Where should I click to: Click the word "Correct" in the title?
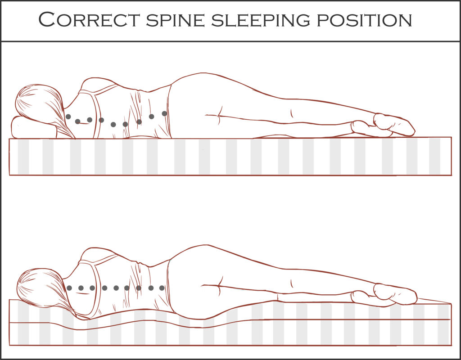click(x=90, y=20)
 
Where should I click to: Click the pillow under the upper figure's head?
click(x=33, y=127)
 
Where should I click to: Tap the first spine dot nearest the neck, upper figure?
click(x=68, y=117)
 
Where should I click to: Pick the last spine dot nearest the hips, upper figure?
click(x=164, y=113)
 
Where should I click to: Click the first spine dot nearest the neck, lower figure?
click(x=69, y=288)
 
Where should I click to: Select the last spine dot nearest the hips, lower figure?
click(x=162, y=288)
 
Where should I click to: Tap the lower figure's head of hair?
click(x=43, y=289)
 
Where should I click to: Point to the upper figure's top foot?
click(x=393, y=124)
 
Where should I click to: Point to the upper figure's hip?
click(x=200, y=88)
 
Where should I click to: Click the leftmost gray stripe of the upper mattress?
click(x=23, y=156)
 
